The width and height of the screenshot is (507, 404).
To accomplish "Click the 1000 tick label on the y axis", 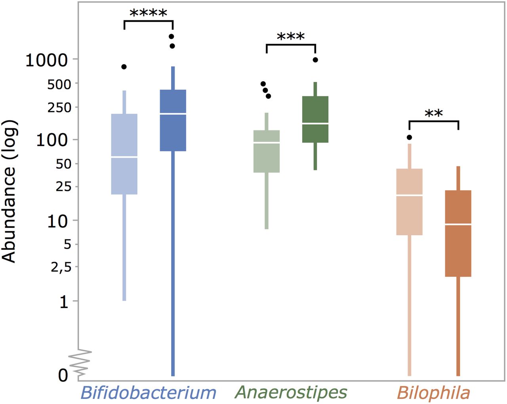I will [47, 61].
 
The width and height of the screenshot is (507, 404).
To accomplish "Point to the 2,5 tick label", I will [64, 267].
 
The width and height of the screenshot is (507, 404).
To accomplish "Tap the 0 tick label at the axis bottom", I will [63, 375].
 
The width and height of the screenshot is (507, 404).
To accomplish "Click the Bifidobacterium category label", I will [148, 393].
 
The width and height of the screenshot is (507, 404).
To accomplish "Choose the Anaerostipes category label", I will [291, 393].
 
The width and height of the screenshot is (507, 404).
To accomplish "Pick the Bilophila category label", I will [433, 393].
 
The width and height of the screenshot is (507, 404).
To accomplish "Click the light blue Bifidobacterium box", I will [124, 154].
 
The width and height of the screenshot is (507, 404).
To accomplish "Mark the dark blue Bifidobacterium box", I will [173, 120].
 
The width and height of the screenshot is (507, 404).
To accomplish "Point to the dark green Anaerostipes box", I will [315, 119].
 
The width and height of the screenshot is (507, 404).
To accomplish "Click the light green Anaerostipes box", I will [267, 151].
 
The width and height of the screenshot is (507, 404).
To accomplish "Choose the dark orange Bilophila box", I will [458, 233].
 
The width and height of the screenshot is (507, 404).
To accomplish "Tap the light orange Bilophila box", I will [410, 202].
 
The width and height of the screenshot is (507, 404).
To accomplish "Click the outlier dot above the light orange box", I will [409, 137].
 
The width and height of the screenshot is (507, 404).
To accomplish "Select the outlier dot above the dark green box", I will [315, 60].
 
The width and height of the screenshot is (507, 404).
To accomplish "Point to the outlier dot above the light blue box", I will [124, 67].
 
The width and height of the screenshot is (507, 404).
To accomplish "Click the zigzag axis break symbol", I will [80, 362].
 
